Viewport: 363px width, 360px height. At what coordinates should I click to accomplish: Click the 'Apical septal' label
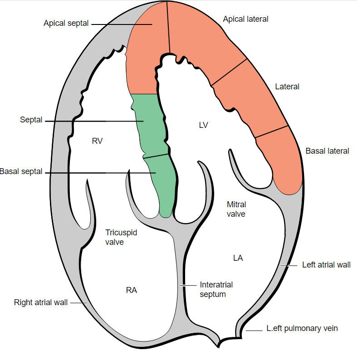[66, 23]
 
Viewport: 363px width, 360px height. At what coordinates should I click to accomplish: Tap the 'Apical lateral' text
[245, 19]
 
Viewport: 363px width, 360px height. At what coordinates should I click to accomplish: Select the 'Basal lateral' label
[327, 151]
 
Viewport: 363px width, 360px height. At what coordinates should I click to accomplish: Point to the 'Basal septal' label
[21, 172]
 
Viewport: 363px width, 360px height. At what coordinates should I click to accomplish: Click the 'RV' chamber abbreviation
[97, 141]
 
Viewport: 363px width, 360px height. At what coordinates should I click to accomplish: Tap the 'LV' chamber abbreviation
[203, 125]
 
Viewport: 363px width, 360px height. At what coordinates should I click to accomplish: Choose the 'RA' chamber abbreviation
[132, 290]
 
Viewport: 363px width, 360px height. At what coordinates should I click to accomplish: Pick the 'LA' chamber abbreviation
[238, 258]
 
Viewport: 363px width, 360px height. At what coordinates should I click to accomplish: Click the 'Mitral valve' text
[236, 209]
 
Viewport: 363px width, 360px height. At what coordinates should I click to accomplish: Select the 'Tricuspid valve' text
[121, 237]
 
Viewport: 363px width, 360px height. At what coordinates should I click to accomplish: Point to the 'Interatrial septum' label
[216, 289]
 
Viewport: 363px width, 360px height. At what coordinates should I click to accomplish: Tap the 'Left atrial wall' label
[326, 265]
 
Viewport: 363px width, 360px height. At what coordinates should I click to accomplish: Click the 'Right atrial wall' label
[40, 302]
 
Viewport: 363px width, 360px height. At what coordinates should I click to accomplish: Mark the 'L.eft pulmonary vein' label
[302, 329]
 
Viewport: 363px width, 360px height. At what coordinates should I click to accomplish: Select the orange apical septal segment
[147, 54]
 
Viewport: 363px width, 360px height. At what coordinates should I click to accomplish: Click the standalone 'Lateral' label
[287, 87]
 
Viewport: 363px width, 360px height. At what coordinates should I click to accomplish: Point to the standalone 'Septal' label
[31, 120]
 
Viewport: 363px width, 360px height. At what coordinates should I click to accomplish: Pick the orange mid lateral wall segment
[252, 100]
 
